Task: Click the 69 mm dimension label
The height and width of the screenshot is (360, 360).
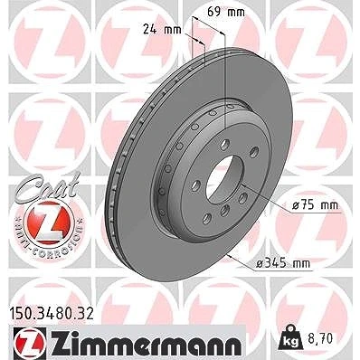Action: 226,12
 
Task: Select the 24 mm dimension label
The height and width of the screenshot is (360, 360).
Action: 162,30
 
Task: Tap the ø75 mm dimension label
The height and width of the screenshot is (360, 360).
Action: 316,205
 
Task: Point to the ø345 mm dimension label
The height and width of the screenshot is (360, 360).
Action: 282,264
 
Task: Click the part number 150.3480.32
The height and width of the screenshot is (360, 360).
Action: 52,314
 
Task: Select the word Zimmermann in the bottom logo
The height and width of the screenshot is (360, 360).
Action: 145,344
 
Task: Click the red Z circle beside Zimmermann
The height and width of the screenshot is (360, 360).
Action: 30,344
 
